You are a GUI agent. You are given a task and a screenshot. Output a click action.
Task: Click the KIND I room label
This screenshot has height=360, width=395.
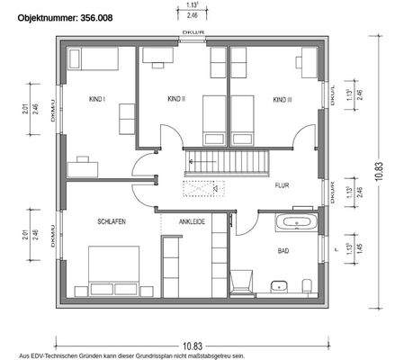(97, 98)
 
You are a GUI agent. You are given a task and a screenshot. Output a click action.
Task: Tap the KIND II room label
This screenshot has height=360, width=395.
(176, 98)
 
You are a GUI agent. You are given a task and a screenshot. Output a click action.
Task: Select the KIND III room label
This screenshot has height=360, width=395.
(283, 98)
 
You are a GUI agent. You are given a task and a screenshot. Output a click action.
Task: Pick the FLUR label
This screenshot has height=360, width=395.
(283, 184)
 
